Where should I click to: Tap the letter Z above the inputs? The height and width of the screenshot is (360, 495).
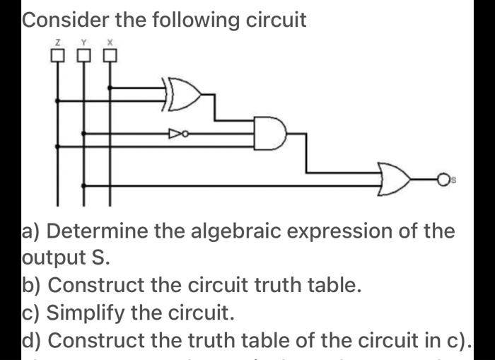(x=58, y=43)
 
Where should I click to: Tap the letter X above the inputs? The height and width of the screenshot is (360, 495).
(x=110, y=43)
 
